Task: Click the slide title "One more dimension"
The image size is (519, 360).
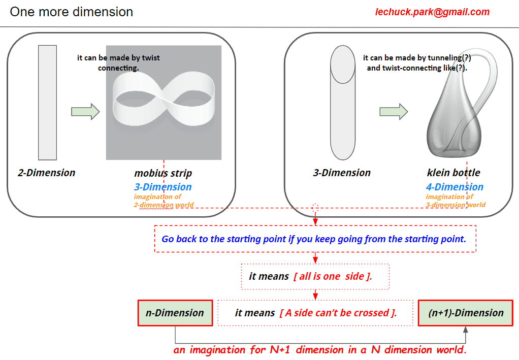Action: point(72,12)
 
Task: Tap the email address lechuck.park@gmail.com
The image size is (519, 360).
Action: point(432,12)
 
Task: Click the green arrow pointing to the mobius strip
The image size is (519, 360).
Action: point(85,112)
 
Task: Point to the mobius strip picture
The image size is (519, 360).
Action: point(164,102)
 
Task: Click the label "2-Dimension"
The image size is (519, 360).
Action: point(46,173)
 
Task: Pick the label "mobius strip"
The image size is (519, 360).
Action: point(163,173)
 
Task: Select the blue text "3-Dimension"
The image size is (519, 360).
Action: point(163,187)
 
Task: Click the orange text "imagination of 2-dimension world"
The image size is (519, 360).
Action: point(164,201)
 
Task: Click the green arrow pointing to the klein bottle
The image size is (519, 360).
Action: point(394,112)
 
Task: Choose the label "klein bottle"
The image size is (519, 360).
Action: point(453,173)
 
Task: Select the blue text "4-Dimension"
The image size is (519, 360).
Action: point(455,187)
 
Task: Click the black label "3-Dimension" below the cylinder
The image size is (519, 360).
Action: point(341,173)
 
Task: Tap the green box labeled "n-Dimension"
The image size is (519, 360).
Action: point(175,313)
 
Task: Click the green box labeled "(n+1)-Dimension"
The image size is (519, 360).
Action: point(465,313)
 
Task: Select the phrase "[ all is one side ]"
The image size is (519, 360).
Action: point(333,276)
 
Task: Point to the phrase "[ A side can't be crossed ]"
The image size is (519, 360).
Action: point(338,313)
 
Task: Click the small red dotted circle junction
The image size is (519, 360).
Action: point(315,207)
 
